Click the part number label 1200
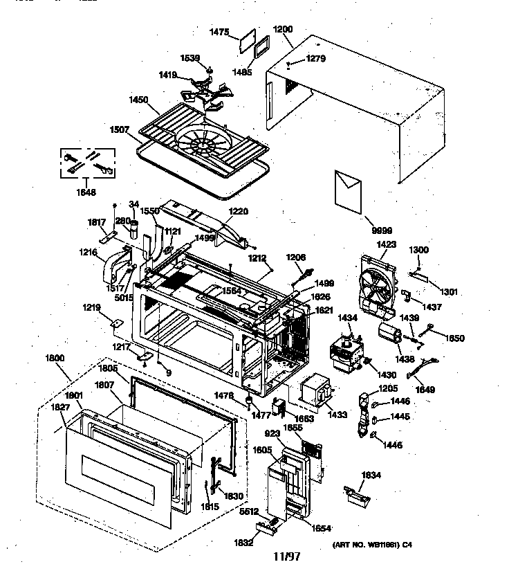click(x=283, y=30)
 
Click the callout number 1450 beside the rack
click(x=138, y=100)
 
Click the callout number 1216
click(x=89, y=254)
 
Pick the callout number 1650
click(x=454, y=338)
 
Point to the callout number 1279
click(x=315, y=59)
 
